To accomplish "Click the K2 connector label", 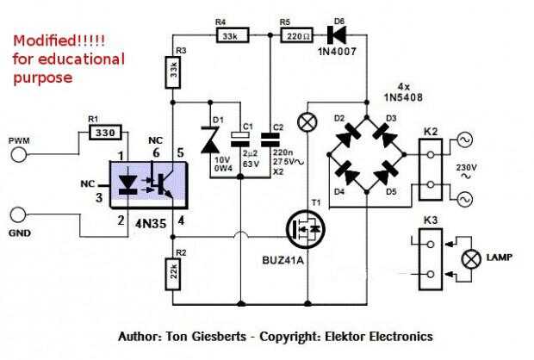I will click(x=431, y=132).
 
